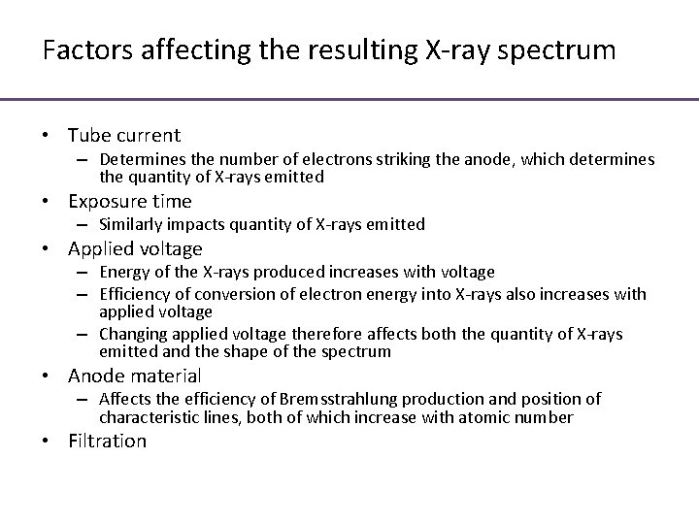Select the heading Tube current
pyautogui.click(x=124, y=135)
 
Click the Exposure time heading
pyautogui.click(x=130, y=201)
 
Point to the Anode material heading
pyautogui.click(x=135, y=375)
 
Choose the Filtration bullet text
pyautogui.click(x=107, y=441)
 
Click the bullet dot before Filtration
pyautogui.click(x=49, y=442)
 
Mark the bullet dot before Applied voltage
pyautogui.click(x=49, y=249)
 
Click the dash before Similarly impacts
pyautogui.click(x=85, y=225)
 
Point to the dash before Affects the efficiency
pyautogui.click(x=85, y=400)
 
